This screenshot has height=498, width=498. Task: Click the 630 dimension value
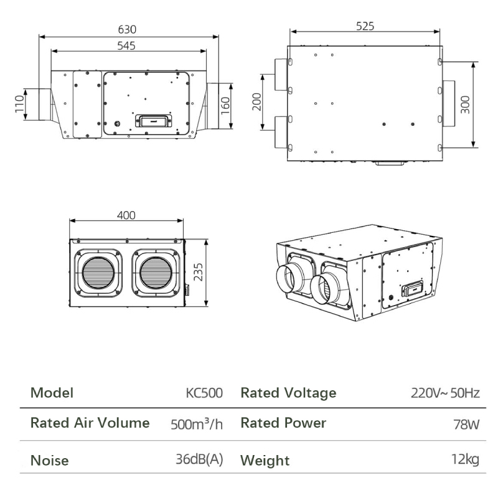pos(127,29)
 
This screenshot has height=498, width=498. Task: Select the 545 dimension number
pos(126,45)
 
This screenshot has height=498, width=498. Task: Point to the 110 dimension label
pos(20,104)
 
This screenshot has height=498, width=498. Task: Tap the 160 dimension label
pos(225,106)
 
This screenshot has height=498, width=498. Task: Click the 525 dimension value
pos(365,26)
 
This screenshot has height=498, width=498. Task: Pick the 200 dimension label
pos(256,101)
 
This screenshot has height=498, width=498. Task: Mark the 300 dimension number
pos(465,105)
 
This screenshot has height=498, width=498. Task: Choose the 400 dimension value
pos(126,215)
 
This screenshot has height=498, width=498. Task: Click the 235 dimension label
pos(198,272)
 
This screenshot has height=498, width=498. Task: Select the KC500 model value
pos(204,393)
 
